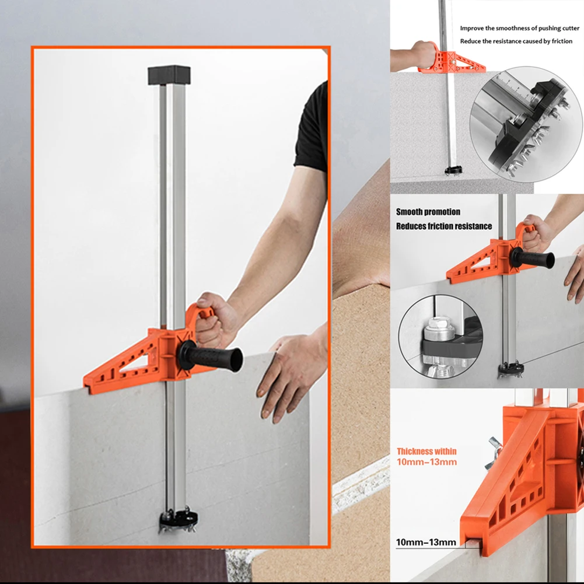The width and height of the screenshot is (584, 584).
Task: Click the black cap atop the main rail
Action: pos(169,75)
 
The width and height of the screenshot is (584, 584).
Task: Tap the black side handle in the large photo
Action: pos(211,357)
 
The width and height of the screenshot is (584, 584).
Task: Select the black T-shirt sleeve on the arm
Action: pos(312,127)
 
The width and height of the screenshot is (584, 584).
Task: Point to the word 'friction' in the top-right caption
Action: pos(562,41)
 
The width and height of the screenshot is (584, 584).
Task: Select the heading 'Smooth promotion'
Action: pos(428,212)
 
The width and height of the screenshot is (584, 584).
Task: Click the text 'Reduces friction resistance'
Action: pos(444,226)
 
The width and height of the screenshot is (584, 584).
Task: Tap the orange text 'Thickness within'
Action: pos(426,452)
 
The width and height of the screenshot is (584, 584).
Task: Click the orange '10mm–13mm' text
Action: pos(426,462)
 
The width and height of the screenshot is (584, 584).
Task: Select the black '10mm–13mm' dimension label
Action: pos(426,542)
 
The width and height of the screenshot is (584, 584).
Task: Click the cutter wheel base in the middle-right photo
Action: pos(511,369)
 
